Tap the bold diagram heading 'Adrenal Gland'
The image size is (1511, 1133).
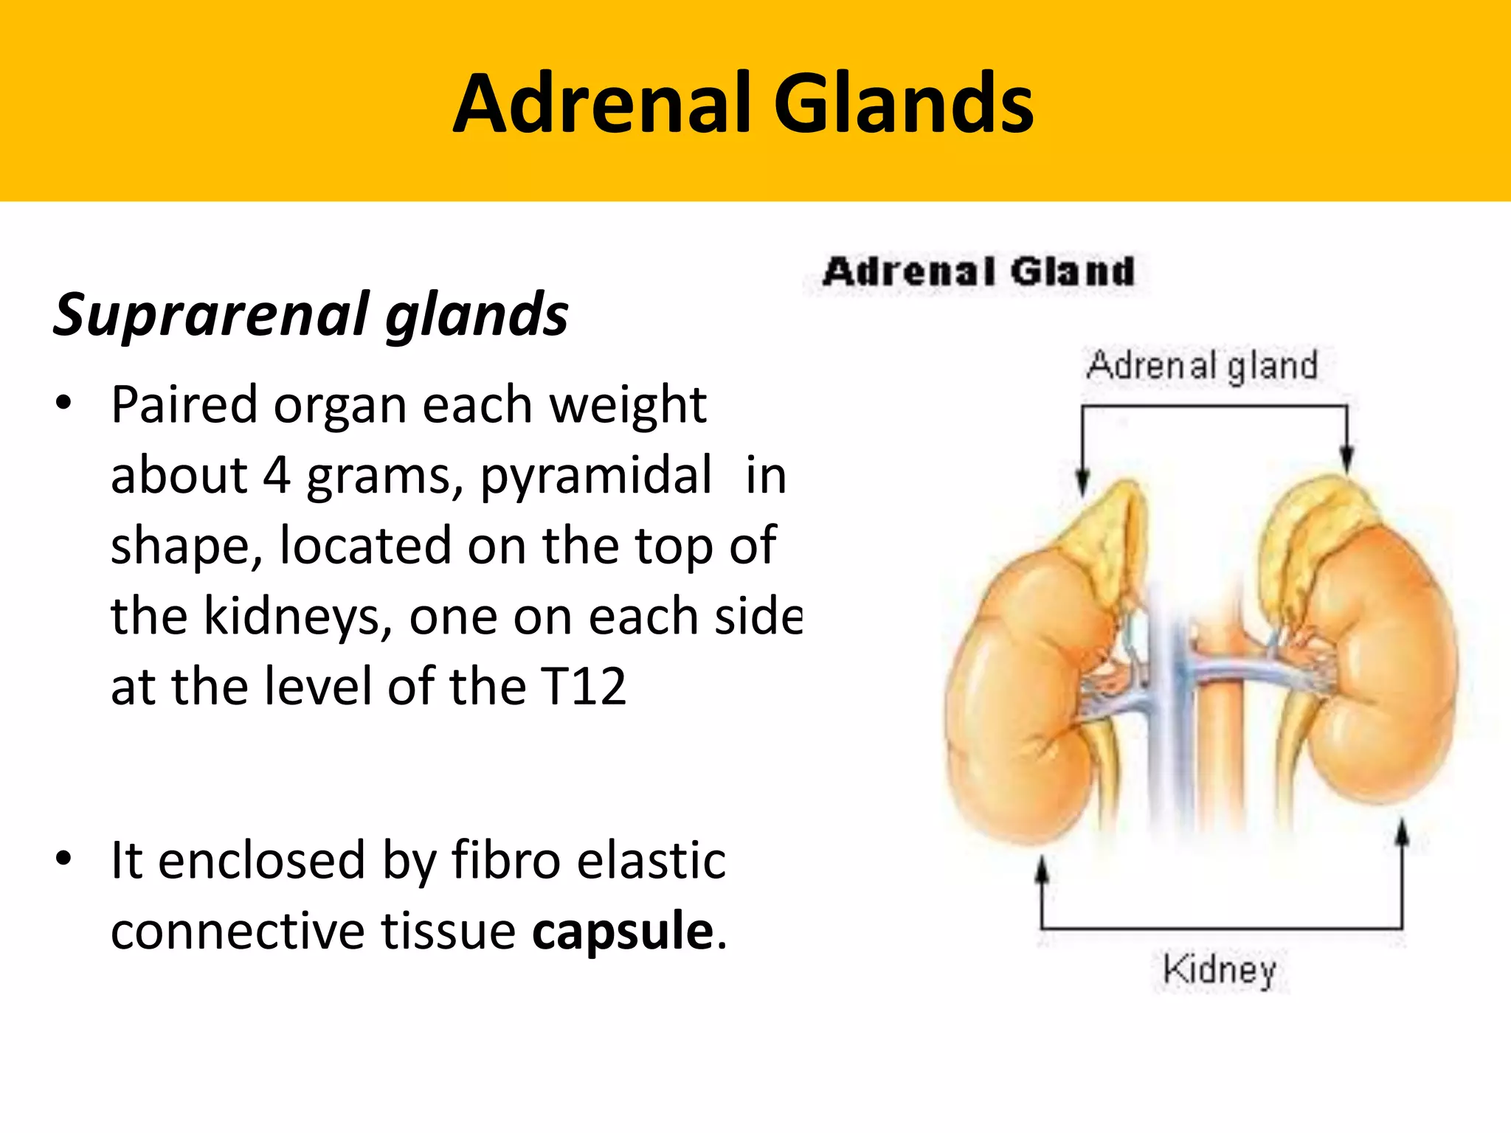click(978, 271)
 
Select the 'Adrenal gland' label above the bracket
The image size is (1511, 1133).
click(1202, 366)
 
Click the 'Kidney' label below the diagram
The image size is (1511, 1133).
click(1219, 969)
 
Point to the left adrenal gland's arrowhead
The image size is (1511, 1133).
click(1082, 482)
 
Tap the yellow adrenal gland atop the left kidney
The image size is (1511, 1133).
click(1107, 538)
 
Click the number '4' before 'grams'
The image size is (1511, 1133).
click(277, 476)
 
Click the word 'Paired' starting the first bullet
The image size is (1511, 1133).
click(184, 406)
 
